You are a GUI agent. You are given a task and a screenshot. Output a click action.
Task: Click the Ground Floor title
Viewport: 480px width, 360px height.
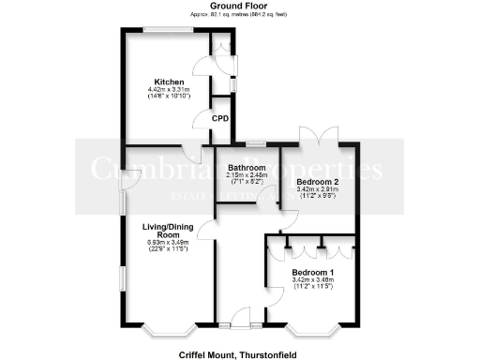[240, 7]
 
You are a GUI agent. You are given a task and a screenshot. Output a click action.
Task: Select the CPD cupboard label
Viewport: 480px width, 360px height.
[220, 119]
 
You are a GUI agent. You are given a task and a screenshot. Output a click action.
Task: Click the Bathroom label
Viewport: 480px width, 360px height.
[247, 168]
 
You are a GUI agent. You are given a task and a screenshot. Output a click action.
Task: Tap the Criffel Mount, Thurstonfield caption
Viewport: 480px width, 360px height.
[240, 354]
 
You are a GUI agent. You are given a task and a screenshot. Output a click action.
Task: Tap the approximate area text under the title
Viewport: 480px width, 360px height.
[240, 15]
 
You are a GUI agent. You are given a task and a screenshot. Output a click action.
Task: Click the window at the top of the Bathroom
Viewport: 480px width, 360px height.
[255, 144]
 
